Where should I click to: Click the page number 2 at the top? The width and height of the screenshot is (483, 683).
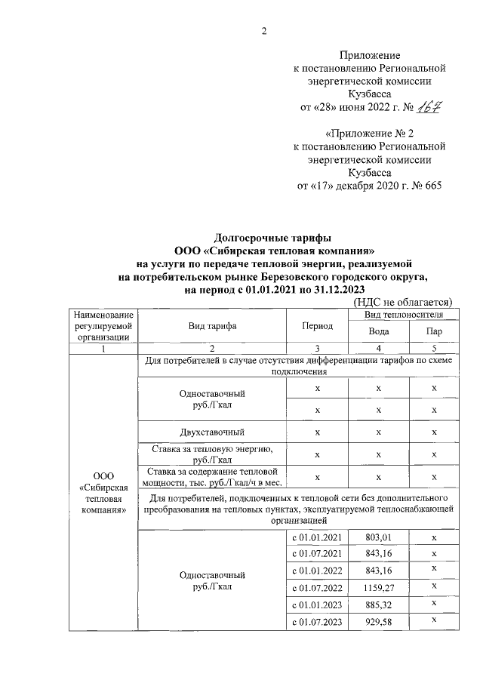(264, 31)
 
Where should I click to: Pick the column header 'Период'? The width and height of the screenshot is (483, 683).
(317, 325)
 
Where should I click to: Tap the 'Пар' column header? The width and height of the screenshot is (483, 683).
(434, 331)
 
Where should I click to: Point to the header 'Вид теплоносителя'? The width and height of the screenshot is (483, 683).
(404, 313)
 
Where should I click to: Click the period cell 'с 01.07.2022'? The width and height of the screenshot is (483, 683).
(317, 587)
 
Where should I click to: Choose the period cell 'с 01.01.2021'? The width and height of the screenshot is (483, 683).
(317, 537)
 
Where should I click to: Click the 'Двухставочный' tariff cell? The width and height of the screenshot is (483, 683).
(212, 432)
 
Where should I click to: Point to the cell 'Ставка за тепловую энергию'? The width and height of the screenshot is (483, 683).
(212, 454)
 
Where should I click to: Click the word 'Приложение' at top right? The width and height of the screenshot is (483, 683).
(370, 55)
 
